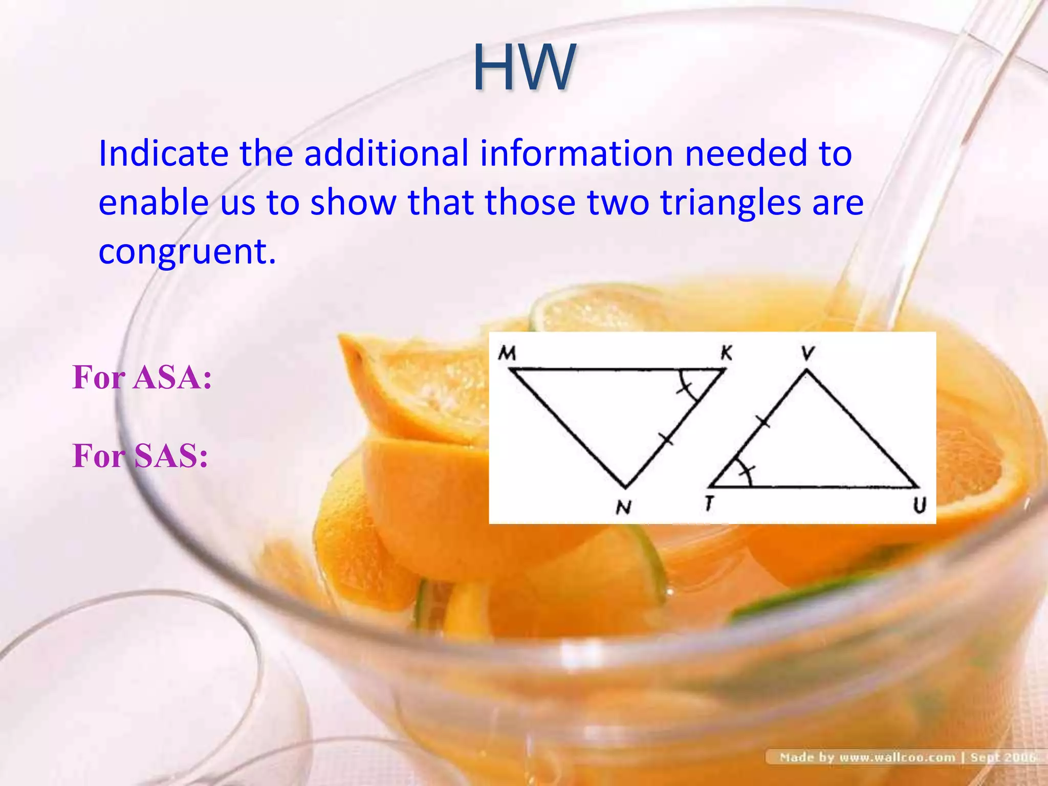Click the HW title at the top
[x=524, y=68]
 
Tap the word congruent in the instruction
[x=187, y=252]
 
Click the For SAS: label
[x=140, y=455]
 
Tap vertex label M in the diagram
[x=507, y=353]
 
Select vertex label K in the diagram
[x=726, y=353]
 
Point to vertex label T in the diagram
[x=709, y=504]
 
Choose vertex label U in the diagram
[x=920, y=506]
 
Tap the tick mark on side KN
[x=666, y=439]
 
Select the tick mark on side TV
[x=762, y=422]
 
